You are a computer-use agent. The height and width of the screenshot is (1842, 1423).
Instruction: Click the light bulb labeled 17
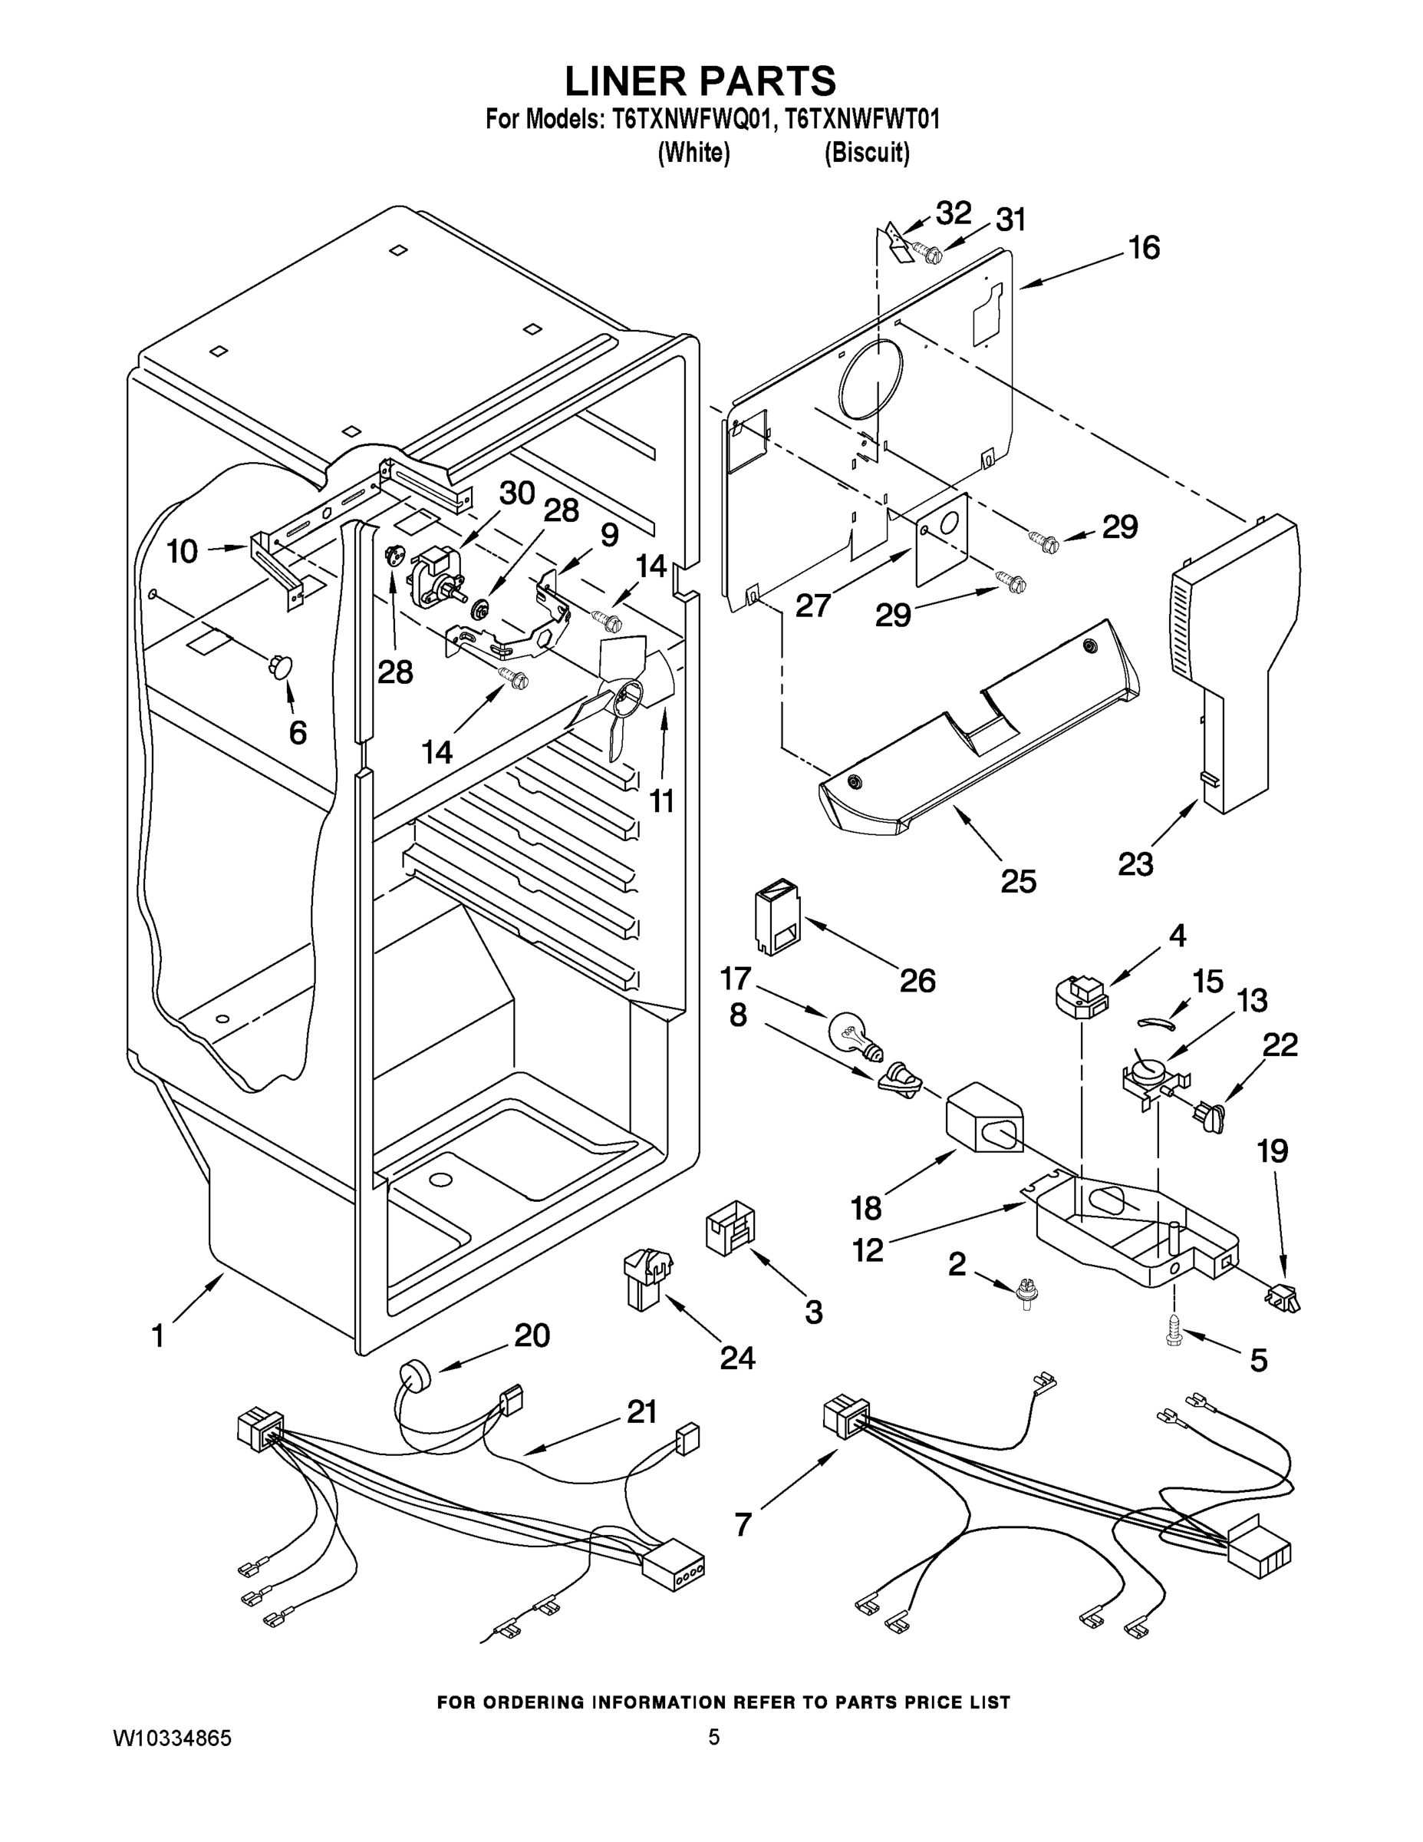point(853,1034)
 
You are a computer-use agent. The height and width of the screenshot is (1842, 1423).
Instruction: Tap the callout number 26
point(917,980)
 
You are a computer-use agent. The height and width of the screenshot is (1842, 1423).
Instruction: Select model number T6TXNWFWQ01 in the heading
point(692,120)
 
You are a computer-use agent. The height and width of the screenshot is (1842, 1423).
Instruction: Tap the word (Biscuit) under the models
point(867,153)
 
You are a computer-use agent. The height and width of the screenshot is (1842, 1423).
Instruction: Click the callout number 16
point(1144,248)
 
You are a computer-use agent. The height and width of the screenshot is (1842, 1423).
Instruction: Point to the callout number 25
point(1019,881)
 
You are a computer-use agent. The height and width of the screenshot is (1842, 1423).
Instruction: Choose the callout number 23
point(1135,863)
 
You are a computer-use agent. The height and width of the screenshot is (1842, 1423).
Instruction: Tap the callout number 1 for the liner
point(158,1336)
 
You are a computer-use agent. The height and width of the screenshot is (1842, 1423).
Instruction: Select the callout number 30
point(517,494)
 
